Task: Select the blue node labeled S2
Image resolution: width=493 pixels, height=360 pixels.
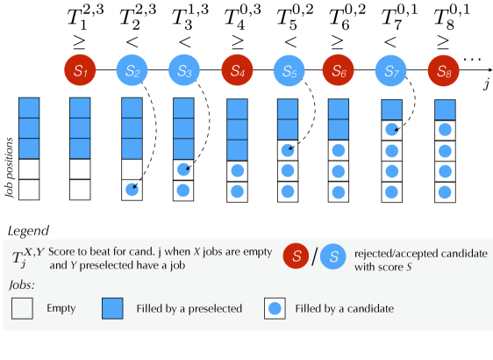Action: (x=131, y=69)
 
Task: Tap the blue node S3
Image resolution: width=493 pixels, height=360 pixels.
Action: (x=183, y=69)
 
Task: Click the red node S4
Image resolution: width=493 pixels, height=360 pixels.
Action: (x=237, y=69)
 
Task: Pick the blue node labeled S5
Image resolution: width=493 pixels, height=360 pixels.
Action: (x=289, y=69)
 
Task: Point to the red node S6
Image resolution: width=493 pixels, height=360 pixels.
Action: (x=341, y=69)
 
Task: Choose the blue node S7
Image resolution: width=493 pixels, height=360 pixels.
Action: (x=393, y=69)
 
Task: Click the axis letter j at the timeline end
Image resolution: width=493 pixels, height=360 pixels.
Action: (x=485, y=84)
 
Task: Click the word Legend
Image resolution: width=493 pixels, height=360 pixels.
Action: (x=28, y=230)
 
